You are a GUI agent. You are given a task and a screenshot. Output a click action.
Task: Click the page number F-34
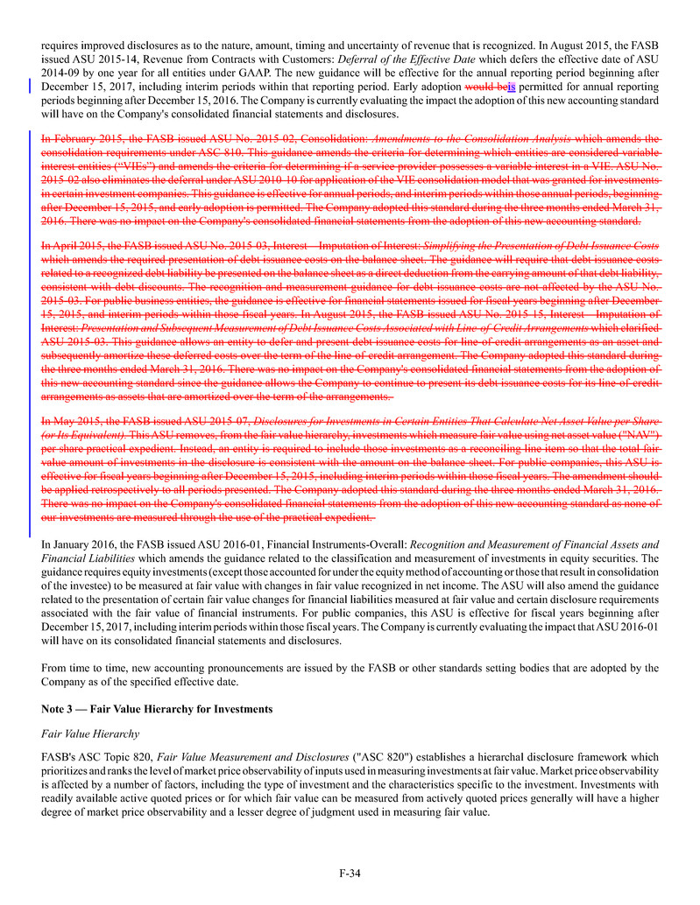click(x=350, y=873)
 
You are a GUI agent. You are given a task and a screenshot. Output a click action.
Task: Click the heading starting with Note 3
click(x=157, y=707)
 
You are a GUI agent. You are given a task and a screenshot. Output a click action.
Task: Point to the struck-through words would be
click(x=485, y=88)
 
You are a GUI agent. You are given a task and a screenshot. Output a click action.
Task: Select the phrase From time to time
click(x=83, y=668)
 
